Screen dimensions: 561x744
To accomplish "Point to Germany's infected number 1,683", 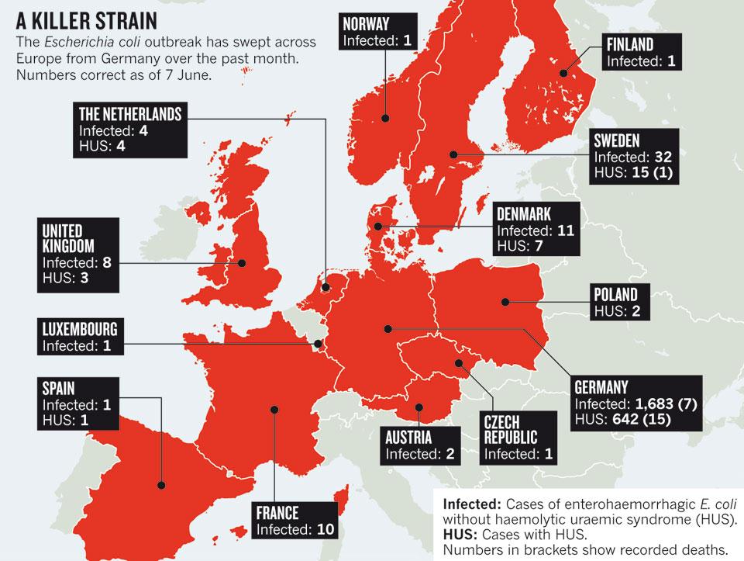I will tap(644, 403).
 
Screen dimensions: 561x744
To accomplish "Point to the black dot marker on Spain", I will tap(161, 484).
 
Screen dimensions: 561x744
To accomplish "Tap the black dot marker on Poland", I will tap(505, 302).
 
